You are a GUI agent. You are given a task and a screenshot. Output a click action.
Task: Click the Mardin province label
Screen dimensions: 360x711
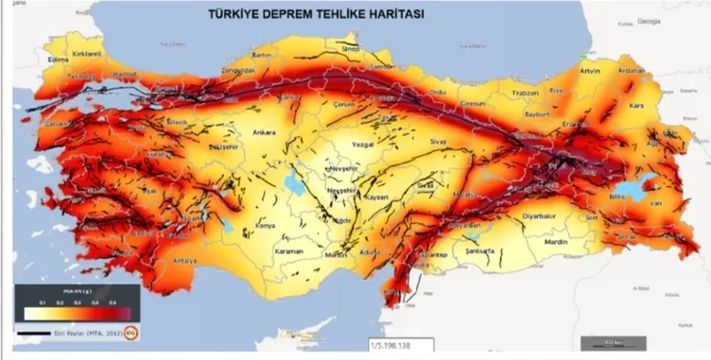558,242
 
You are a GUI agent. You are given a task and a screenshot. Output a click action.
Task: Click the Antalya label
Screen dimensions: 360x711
185,259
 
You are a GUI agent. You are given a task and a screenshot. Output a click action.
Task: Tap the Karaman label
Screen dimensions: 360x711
288,251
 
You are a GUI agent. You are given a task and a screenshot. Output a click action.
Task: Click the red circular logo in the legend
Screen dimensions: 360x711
131,334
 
